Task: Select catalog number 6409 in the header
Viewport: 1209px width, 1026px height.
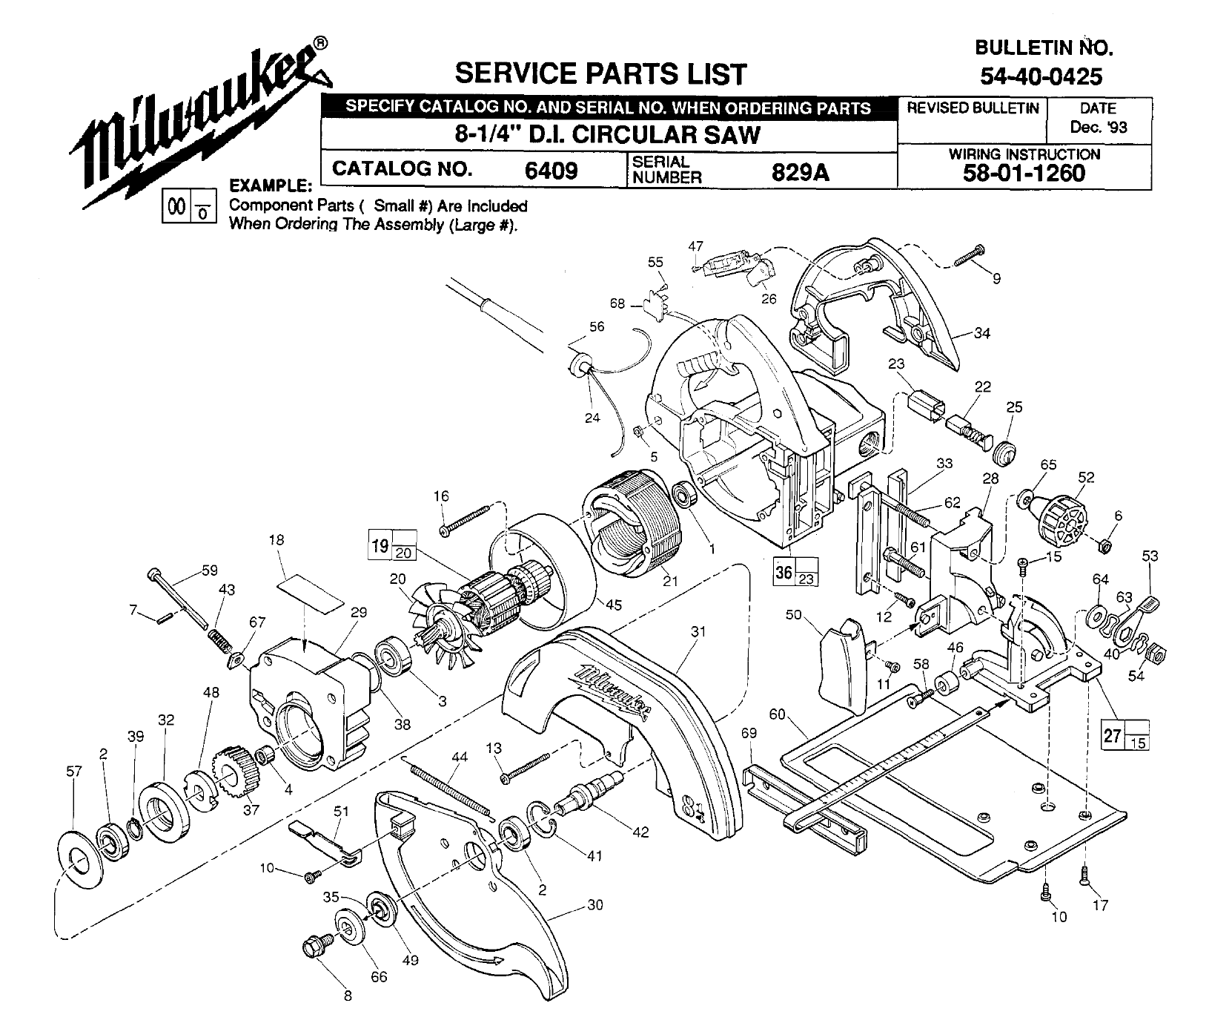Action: (x=551, y=171)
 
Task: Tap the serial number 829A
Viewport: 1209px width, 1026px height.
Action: (x=800, y=172)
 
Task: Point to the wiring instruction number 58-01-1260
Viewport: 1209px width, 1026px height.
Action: (x=1024, y=174)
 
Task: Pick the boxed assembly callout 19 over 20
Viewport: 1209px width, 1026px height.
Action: (x=392, y=545)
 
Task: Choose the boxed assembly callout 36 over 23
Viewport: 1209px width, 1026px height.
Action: (x=795, y=571)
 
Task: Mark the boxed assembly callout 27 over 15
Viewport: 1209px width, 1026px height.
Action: (x=1124, y=734)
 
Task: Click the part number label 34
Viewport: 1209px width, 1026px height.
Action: (x=981, y=333)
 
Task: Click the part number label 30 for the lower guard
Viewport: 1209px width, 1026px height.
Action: (x=594, y=904)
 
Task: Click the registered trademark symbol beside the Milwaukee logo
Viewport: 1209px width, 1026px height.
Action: (x=318, y=44)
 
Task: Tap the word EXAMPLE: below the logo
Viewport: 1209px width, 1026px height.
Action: (x=269, y=185)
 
